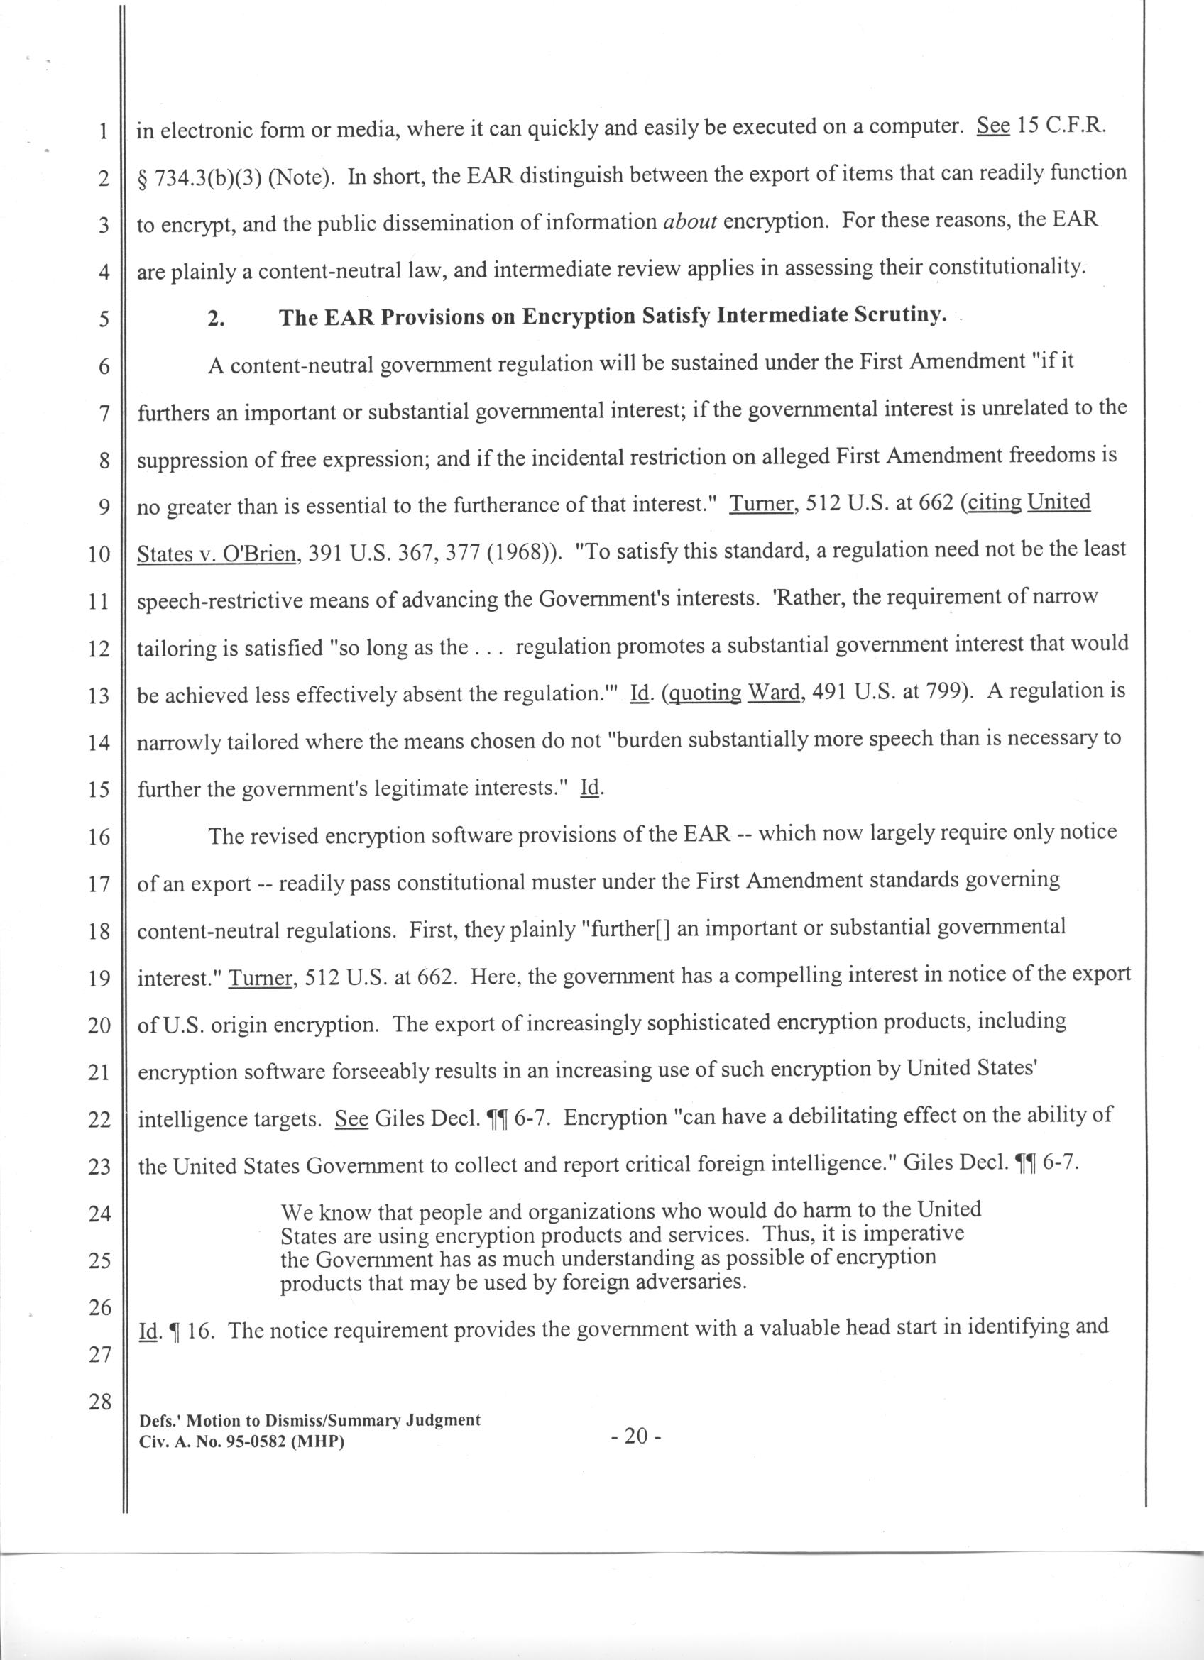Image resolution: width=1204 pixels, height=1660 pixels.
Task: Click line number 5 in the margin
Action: pos(102,320)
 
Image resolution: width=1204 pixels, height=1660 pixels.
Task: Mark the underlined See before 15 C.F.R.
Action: pos(993,126)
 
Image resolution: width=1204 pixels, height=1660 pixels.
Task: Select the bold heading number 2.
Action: pos(216,319)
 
